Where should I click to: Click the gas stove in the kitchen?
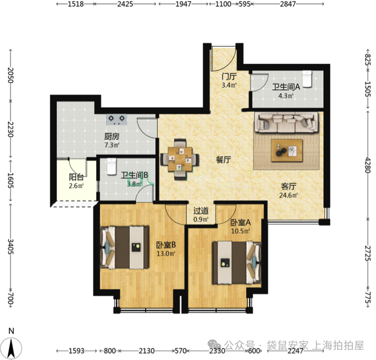tap(117, 119)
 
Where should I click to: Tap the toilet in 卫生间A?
tap(307, 78)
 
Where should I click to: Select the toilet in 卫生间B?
tap(111, 166)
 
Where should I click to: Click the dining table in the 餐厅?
tap(180, 159)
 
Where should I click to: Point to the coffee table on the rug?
tap(286, 150)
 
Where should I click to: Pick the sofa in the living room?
tap(286, 123)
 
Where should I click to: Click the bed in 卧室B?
tap(124, 247)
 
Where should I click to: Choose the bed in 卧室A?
tap(237, 263)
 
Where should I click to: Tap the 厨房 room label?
tap(112, 137)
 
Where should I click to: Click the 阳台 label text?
tap(76, 177)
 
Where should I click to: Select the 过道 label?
tap(201, 211)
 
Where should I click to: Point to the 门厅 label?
tap(229, 77)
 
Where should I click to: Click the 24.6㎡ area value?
tap(288, 195)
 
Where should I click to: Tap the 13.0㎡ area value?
tap(165, 253)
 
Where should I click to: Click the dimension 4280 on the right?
tap(368, 165)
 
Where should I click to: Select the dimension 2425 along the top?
tap(125, 4)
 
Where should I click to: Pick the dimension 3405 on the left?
tap(11, 247)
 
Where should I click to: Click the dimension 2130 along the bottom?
tap(147, 351)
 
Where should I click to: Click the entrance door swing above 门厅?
tap(224, 59)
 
